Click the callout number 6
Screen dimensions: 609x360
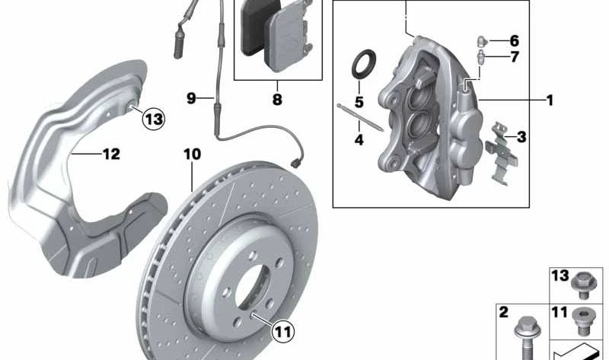(514, 40)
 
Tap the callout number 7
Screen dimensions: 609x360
(515, 56)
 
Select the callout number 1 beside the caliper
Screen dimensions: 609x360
(549, 100)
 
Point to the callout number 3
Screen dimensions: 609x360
(521, 137)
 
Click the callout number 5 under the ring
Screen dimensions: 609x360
(359, 102)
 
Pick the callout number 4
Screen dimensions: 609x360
(359, 139)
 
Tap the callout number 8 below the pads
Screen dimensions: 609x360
(277, 100)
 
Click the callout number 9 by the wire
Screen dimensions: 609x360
(191, 98)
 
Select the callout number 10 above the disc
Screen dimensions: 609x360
(193, 155)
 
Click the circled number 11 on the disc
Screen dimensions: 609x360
(282, 332)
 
